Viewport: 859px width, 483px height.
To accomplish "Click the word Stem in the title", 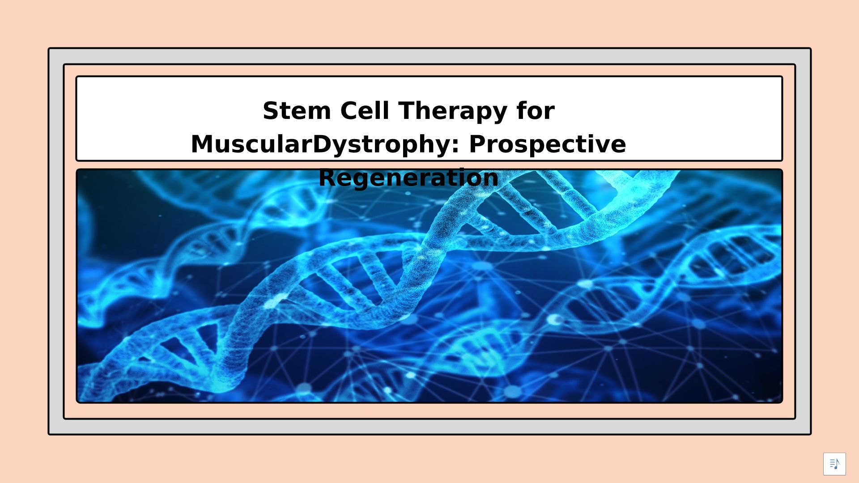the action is tap(297, 110).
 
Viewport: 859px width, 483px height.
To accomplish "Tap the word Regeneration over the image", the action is tap(408, 178).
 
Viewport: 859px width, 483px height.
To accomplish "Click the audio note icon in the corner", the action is tap(834, 464).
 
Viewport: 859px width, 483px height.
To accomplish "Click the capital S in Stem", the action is tap(271, 110).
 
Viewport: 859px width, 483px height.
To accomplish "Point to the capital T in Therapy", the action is tap(408, 110).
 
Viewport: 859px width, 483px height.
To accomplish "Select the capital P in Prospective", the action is tap(478, 144).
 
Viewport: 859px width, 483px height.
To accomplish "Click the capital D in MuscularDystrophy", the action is tap(322, 144).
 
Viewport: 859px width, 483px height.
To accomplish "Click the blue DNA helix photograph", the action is tap(429, 286).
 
